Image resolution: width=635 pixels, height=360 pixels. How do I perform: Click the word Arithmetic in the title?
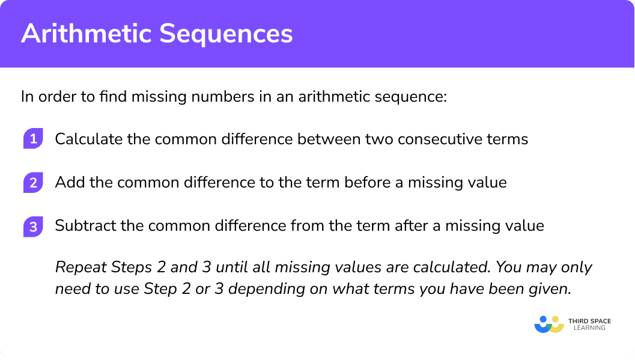(87, 33)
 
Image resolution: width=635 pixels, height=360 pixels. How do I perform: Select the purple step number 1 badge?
(33, 139)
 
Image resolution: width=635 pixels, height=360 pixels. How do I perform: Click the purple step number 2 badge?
(33, 182)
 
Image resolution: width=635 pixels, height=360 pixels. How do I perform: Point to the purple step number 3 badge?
(33, 227)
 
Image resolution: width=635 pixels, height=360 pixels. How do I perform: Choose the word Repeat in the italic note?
(81, 267)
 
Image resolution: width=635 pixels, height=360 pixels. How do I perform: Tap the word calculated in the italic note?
(452, 267)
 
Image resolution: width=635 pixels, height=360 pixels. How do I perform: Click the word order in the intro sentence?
(56, 96)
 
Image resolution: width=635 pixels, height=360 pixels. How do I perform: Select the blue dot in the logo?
(544, 319)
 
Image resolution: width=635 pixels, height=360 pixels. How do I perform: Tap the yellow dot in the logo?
(555, 319)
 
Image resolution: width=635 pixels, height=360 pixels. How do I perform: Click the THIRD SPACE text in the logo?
(590, 321)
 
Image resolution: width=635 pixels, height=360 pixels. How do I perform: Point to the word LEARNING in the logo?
(590, 328)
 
